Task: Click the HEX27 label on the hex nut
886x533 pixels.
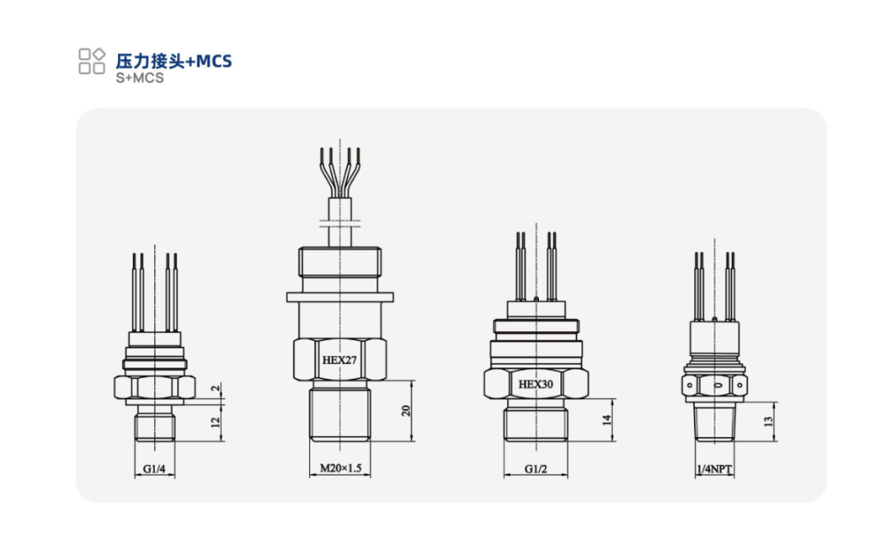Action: pos(339,360)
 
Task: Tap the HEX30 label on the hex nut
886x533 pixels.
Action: pos(536,384)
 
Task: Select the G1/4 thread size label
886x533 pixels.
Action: pos(154,469)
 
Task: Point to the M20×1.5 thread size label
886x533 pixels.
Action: pos(340,467)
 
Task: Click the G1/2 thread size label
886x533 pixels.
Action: pos(536,469)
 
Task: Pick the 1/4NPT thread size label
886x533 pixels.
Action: pos(715,469)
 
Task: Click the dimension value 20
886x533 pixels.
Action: pos(406,411)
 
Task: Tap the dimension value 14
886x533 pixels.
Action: pos(607,420)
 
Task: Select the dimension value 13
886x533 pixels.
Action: pos(768,421)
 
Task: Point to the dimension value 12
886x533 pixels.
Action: pos(215,421)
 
